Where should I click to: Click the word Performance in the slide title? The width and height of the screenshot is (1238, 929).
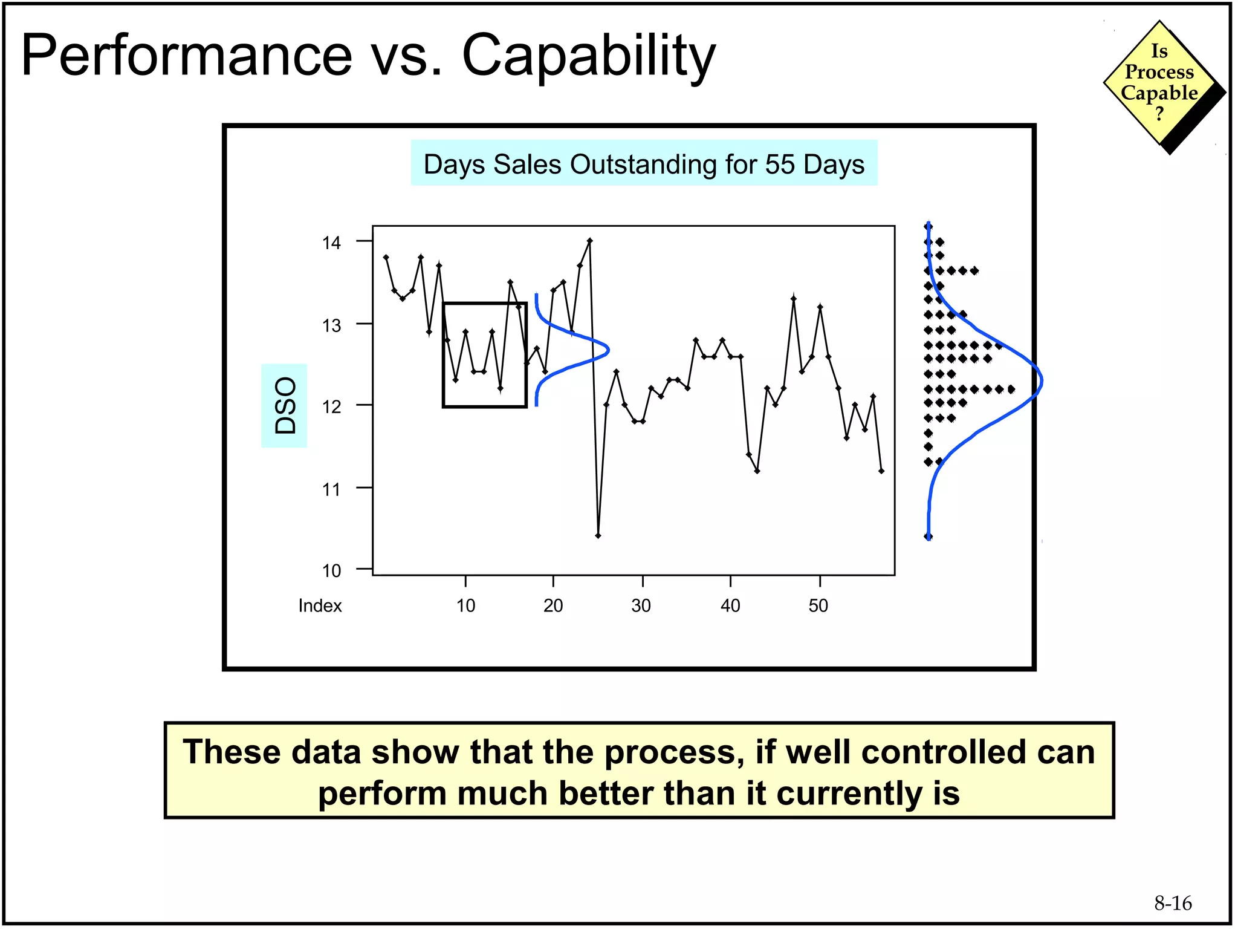pos(187,56)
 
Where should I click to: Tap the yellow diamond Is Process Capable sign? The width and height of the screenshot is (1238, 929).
pos(1159,83)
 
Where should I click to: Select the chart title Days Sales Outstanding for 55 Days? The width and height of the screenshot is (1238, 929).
pos(644,164)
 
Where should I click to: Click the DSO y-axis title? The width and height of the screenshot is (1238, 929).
pos(285,405)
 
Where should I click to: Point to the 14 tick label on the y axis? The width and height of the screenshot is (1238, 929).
pos(331,243)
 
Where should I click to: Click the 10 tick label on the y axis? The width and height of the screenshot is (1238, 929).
pos(331,570)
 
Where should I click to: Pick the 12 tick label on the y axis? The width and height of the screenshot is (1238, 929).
pos(331,406)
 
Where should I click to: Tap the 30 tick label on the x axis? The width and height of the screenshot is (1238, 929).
pos(641,605)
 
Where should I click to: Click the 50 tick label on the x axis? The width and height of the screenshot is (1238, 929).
pos(818,605)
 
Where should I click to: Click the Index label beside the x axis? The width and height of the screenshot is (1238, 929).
pos(320,605)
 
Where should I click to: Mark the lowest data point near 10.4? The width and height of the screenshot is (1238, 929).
pos(598,535)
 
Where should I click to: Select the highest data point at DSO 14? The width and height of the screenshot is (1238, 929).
pos(590,241)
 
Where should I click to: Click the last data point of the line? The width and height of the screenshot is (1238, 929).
pos(881,471)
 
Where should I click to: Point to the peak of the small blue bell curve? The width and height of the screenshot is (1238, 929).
pos(608,350)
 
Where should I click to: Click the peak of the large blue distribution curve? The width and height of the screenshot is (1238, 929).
pos(1042,382)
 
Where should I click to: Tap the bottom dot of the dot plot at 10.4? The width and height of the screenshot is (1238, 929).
pos(928,536)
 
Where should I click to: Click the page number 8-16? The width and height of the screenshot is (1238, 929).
pos(1173,903)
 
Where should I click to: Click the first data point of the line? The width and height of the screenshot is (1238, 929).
pos(386,257)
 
